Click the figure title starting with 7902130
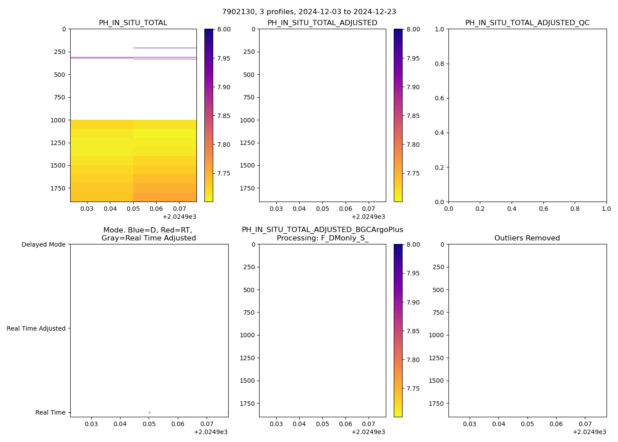[x=309, y=12]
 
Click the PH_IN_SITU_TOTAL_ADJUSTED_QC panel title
[x=527, y=23]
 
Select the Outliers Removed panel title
[x=527, y=238]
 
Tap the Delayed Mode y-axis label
[x=43, y=244]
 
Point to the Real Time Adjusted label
[x=36, y=328]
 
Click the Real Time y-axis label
[x=50, y=412]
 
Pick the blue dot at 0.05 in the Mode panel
[x=149, y=412]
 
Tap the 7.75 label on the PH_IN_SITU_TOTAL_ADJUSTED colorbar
[x=413, y=173]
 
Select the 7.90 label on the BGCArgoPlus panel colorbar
[x=413, y=302]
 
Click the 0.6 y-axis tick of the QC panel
[x=439, y=98]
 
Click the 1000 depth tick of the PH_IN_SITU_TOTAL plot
[x=58, y=120]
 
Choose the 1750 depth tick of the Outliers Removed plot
[x=436, y=404]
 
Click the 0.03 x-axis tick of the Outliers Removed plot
[x=470, y=424]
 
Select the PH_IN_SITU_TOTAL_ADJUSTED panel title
[x=322, y=23]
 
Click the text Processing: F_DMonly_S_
[x=322, y=238]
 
